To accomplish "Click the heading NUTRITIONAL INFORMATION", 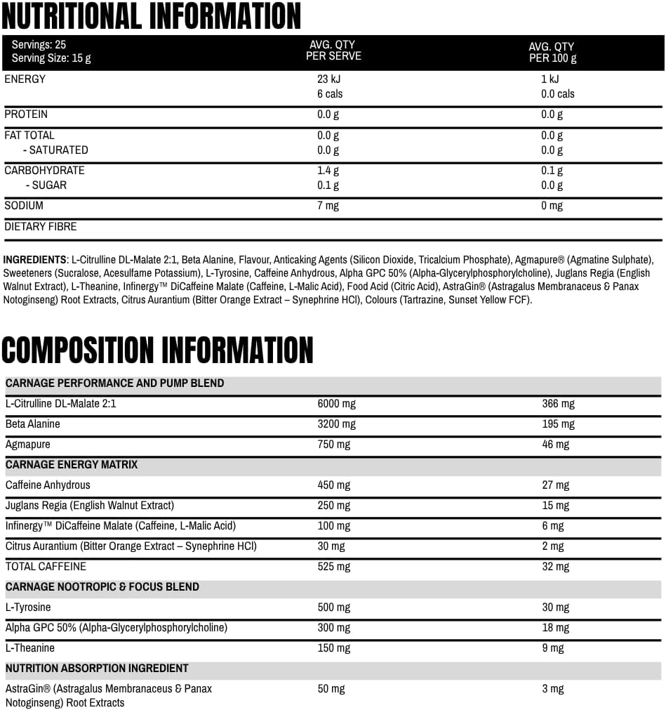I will (151, 16).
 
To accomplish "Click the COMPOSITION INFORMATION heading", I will (157, 349).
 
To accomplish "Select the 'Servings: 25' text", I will (39, 44).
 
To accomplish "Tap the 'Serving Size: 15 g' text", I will (51, 58).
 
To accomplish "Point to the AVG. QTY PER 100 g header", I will (552, 53).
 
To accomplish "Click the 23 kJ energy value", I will (329, 79).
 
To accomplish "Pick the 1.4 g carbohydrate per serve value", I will (328, 171).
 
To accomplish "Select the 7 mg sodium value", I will (328, 206).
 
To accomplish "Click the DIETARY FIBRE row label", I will (41, 227).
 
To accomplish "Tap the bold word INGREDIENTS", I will (34, 259).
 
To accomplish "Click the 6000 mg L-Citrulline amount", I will (336, 404).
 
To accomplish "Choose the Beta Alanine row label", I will (33, 424).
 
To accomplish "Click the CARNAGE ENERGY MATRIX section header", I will (72, 465).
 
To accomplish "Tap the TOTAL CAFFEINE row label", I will (46, 567).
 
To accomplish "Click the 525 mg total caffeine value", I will (333, 567).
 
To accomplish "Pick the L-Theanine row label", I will (29, 648).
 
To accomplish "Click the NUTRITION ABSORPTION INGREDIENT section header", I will (97, 669).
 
